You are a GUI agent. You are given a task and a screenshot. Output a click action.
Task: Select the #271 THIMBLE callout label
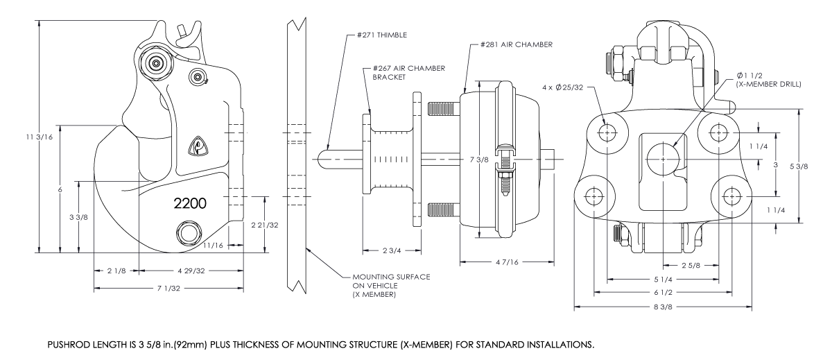pyautogui.click(x=379, y=34)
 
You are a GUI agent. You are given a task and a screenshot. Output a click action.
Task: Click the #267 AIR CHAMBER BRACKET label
pyautogui.click(x=408, y=73)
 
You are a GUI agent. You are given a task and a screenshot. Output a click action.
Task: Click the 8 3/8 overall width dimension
pyautogui.click(x=664, y=305)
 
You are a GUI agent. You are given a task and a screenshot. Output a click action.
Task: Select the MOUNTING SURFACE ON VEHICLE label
pyautogui.click(x=387, y=285)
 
